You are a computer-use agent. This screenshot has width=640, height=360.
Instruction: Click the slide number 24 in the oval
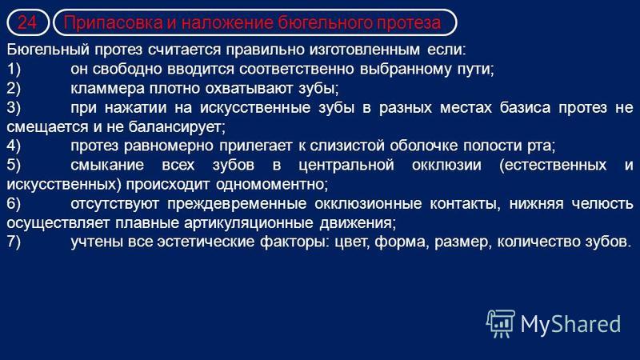pos(27,22)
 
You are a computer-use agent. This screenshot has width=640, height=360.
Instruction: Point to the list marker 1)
pos(14,69)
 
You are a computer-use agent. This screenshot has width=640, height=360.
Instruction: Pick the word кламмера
pos(107,88)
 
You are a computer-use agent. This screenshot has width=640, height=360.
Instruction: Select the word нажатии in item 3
pos(135,108)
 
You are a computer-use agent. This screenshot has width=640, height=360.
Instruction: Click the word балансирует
pos(177,127)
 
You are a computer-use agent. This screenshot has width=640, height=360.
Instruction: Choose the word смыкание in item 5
pos(107,166)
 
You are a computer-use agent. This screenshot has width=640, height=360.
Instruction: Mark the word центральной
pos(346,166)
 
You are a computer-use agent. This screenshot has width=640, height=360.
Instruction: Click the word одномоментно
pos(272,185)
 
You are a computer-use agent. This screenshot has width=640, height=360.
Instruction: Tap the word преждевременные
pos(237,204)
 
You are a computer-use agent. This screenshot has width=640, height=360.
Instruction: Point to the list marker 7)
pos(14,242)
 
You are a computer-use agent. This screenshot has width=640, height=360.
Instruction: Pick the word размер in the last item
pos(462,242)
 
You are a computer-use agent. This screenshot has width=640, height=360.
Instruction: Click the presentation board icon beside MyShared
pos(501,323)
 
